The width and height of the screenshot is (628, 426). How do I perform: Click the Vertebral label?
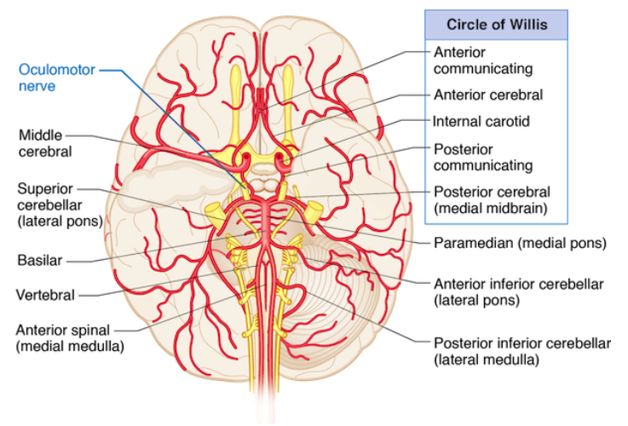click(x=45, y=295)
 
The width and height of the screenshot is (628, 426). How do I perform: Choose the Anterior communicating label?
click(x=483, y=60)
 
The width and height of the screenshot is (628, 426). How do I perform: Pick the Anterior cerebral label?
click(x=488, y=95)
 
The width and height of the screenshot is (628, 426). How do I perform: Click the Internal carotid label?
click(x=481, y=121)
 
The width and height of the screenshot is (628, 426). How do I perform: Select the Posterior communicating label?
click(x=483, y=157)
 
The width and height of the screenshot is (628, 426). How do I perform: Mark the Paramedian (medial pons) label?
click(x=519, y=243)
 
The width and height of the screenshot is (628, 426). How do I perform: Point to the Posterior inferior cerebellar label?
click(x=522, y=343)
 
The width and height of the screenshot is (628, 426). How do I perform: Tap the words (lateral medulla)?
click(x=486, y=360)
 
